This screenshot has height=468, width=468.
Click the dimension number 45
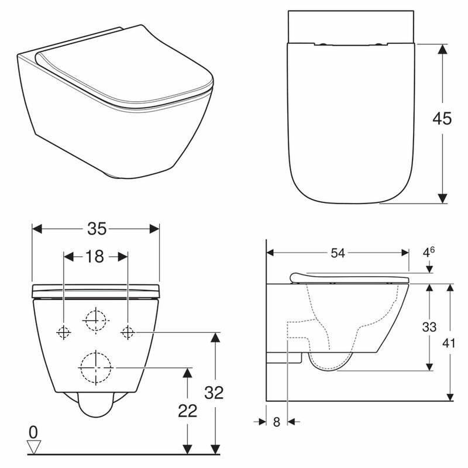(442, 119)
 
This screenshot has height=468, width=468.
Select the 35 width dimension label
(97, 229)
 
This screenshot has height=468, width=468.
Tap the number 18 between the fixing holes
(95, 257)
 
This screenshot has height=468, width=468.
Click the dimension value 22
(187, 411)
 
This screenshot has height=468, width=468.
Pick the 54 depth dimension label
(338, 253)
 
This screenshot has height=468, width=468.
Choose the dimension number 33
(429, 327)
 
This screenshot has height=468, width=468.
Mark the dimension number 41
(449, 343)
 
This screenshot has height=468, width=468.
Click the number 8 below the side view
(277, 422)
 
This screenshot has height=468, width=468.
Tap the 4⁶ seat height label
(429, 252)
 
